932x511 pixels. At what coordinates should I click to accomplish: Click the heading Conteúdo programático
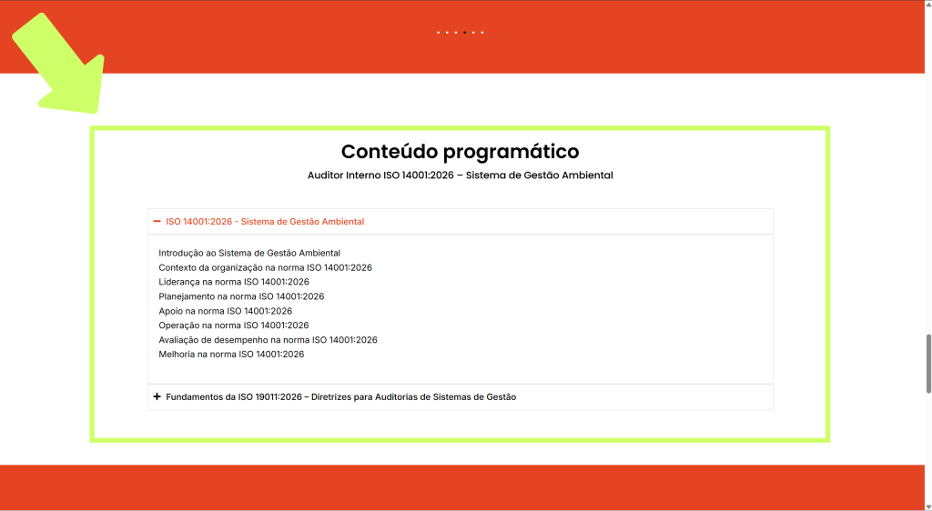click(460, 152)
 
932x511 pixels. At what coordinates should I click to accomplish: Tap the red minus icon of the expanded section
click(157, 221)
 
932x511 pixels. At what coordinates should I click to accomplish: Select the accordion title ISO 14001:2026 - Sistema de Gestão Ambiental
click(265, 221)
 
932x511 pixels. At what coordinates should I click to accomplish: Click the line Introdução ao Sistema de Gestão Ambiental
click(249, 253)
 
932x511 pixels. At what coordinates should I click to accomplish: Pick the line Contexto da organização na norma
click(265, 267)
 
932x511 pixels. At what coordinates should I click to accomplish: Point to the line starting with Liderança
click(234, 282)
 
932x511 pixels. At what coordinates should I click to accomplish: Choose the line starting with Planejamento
click(241, 296)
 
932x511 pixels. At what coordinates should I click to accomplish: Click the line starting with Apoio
click(226, 311)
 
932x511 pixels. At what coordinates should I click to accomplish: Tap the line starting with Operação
click(234, 326)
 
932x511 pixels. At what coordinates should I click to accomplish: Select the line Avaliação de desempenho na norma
click(268, 339)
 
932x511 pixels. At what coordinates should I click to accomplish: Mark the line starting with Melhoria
click(231, 355)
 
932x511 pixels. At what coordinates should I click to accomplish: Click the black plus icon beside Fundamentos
click(157, 396)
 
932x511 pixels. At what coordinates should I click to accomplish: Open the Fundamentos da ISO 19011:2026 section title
click(341, 397)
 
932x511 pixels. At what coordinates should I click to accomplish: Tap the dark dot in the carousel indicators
click(465, 33)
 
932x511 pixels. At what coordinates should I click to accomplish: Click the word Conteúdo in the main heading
click(390, 151)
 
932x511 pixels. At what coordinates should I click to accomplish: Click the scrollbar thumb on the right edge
click(928, 363)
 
